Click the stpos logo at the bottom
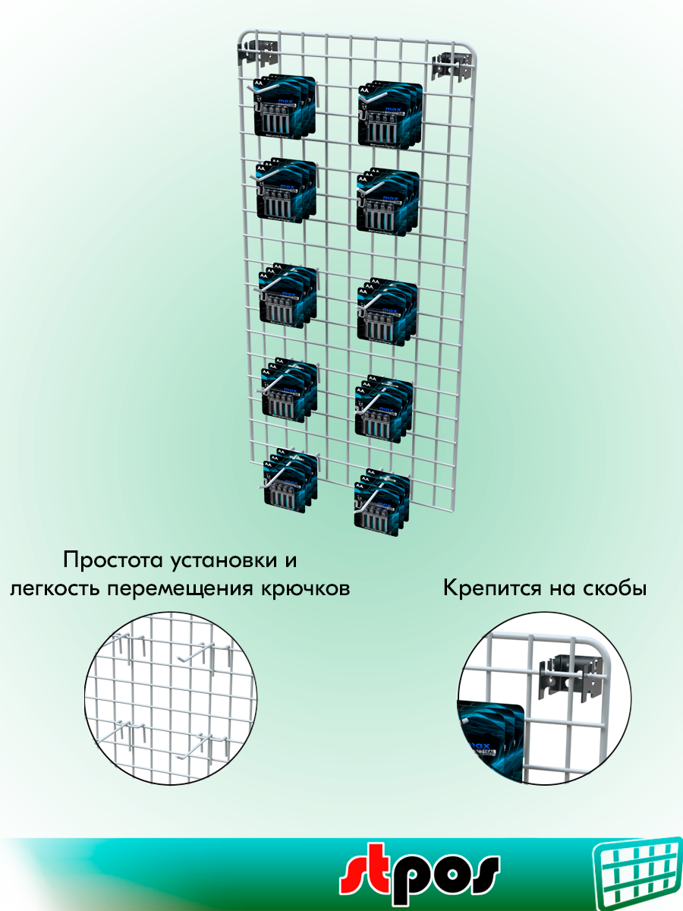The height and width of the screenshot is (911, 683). pyautogui.click(x=419, y=873)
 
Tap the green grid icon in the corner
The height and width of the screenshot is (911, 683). pyautogui.click(x=637, y=873)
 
